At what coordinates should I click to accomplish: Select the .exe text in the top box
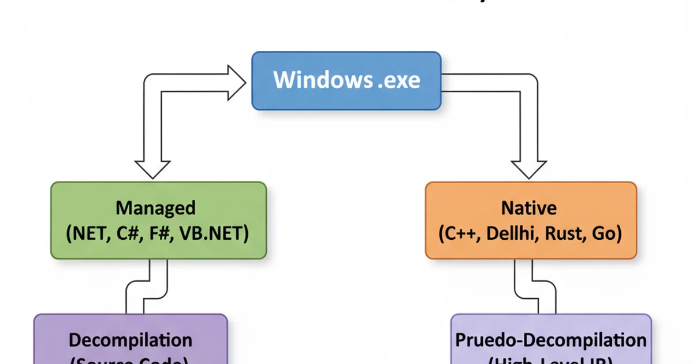398,80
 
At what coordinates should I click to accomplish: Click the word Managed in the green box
156,207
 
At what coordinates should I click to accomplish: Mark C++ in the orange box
456,234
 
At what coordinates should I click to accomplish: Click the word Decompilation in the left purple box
131,339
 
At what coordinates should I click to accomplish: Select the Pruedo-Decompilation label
550,339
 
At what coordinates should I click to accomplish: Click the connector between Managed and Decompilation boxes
147,286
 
